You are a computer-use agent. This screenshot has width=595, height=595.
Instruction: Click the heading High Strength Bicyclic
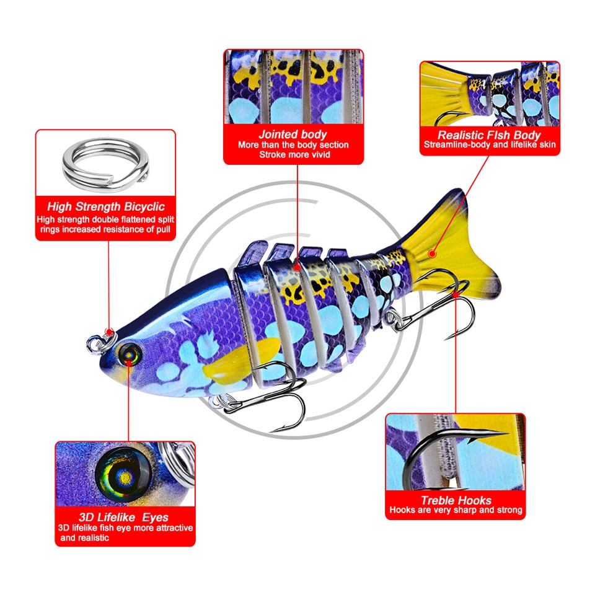106,207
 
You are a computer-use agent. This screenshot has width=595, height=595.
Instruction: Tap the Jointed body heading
293,134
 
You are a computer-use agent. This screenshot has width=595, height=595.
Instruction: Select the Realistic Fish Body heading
489,135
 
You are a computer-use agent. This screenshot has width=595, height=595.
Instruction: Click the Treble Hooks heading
456,500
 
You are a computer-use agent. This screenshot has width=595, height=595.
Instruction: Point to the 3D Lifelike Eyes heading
123,517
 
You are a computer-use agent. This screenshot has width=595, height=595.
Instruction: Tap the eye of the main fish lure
130,355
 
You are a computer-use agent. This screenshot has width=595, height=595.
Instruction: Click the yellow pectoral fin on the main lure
240,361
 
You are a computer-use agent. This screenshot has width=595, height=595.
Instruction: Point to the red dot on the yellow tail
432,253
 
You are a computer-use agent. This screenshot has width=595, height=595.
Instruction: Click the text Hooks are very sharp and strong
456,510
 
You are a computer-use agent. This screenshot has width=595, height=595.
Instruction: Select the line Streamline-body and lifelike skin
490,144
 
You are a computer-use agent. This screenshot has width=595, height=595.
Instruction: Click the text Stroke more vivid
294,154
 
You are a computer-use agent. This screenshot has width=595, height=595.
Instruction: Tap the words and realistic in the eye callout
85,538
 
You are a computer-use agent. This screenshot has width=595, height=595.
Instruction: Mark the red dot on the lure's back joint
297,267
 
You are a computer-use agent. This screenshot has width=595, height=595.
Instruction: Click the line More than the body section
293,144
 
